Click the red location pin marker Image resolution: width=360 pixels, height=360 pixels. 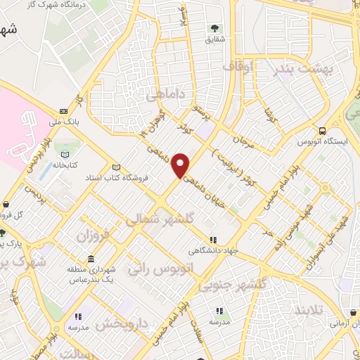[x=181, y=165]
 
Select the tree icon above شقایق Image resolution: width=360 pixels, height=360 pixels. [x=213, y=29]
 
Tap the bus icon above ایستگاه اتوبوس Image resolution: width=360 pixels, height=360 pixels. [x=322, y=131]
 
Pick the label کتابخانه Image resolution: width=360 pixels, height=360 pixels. [x=65, y=167]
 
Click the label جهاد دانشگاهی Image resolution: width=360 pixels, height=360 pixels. [x=212, y=250]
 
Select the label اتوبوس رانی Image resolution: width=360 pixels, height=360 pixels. [x=158, y=268]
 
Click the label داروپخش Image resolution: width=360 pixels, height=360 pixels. [x=122, y=324]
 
